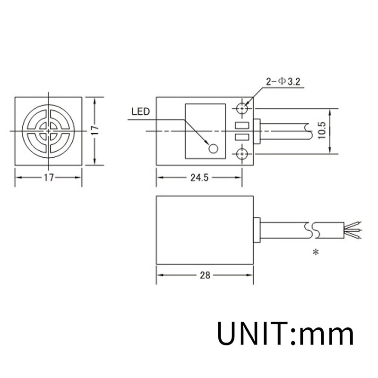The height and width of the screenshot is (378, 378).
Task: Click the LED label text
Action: (140, 112)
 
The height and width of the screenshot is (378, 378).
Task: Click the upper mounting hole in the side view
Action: (243, 108)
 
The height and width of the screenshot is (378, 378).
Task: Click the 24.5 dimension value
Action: (199, 178)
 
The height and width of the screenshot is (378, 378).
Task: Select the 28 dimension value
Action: (205, 275)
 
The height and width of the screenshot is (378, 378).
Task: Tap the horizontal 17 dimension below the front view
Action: (49, 178)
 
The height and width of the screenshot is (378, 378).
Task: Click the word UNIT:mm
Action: (285, 333)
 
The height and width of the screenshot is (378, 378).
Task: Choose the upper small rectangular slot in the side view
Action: (241, 126)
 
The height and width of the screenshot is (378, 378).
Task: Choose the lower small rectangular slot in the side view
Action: (241, 137)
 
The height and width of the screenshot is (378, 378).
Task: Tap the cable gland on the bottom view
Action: (257, 230)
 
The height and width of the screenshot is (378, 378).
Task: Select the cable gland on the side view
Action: (257, 131)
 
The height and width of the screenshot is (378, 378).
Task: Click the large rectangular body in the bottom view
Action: (205, 230)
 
